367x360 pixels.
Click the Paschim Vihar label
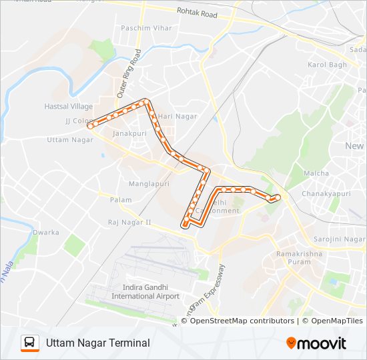click(145, 28)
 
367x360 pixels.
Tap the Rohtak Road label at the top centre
click(197, 11)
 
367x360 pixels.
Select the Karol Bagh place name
click(327, 65)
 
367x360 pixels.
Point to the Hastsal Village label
click(68, 106)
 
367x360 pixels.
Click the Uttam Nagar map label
click(70, 139)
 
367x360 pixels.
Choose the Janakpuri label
click(129, 133)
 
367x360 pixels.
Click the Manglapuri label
click(149, 183)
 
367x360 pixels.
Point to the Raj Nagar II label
click(129, 222)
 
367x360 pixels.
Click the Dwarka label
click(46, 233)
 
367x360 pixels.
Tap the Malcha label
click(316, 173)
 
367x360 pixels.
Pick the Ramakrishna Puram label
click(298, 257)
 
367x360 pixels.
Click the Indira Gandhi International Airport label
click(145, 292)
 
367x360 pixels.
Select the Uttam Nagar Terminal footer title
click(97, 343)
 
